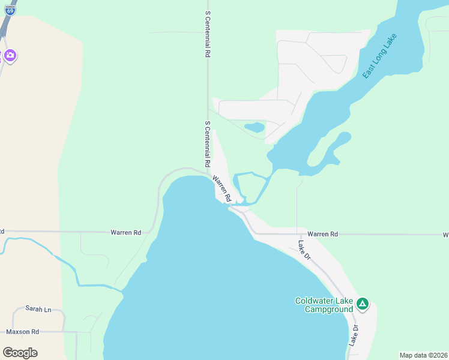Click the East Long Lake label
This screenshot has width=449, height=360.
coord(380,56)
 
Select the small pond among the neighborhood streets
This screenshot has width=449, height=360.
coord(255,127)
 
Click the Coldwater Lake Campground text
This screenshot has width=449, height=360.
coord(324,305)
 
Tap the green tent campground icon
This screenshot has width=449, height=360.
coord(362,304)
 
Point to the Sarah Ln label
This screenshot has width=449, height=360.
coord(38,309)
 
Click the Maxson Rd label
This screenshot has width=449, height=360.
coord(22,331)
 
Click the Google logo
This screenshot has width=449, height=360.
coord(20,352)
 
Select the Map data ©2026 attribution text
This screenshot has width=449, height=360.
coord(423,355)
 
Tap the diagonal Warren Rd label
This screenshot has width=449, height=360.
coord(222,188)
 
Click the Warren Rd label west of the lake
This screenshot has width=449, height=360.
coord(125,232)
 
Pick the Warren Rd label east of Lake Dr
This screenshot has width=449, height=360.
coord(323,233)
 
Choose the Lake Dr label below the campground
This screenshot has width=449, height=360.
coord(355,335)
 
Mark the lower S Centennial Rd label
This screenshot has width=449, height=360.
coord(208,144)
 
